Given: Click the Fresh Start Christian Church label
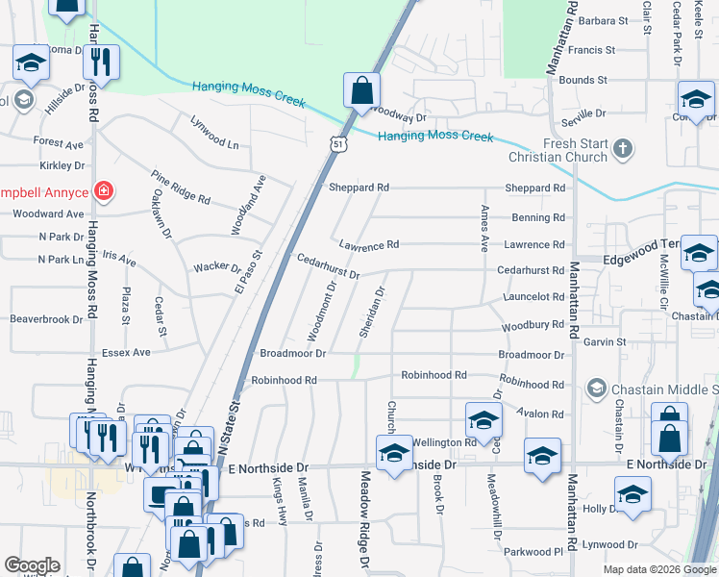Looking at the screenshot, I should (575, 150).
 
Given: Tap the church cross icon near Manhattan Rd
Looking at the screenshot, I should (624, 149).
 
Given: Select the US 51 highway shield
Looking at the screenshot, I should (336, 144).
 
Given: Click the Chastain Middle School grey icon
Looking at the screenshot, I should (595, 388).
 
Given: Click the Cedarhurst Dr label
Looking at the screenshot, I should (328, 266).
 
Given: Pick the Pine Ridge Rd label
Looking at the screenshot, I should (180, 187).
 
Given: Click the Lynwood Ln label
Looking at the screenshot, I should (214, 136).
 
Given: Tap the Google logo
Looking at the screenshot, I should (32, 565).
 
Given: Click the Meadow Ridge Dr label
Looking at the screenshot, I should (365, 520).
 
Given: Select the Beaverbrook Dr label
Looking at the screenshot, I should (47, 318).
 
